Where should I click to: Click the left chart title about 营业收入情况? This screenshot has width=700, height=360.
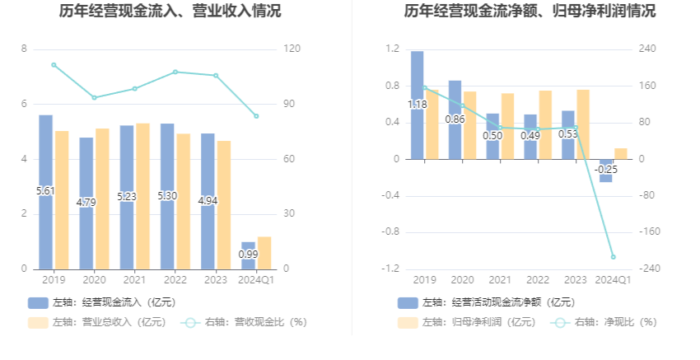pos(170,12)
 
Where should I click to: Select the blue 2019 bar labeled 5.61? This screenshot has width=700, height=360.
pos(46,191)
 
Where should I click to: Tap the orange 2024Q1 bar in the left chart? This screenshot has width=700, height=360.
pos(264,252)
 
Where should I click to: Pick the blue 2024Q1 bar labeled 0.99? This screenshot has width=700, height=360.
pos(248,255)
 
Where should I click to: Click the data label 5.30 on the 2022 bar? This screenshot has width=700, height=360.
pos(167,196)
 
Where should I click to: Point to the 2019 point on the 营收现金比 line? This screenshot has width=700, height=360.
pos(54,64)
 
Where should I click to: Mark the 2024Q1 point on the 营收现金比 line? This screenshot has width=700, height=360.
pos(256,116)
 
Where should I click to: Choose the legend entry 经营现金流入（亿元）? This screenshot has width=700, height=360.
pos(102,302)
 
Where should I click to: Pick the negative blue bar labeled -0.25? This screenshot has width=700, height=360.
pos(605,171)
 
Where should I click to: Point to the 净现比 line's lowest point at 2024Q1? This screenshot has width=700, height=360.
pos(613,257)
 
